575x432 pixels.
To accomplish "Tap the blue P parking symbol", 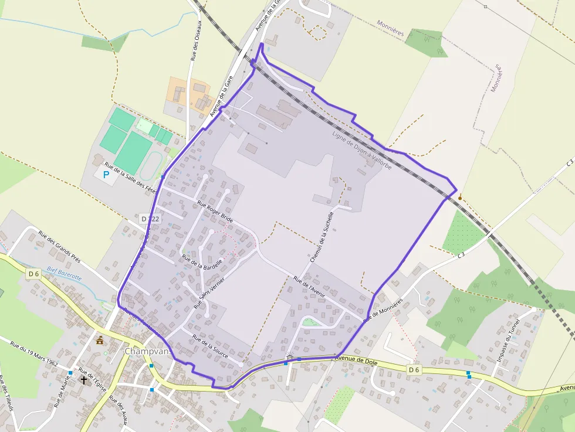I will [106, 175].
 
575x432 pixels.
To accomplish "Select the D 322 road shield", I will [151, 219].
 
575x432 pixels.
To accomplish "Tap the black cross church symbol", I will [84, 380].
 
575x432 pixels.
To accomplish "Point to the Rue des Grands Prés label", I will [59, 244].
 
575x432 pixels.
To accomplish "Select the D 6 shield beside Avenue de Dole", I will [415, 369].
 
